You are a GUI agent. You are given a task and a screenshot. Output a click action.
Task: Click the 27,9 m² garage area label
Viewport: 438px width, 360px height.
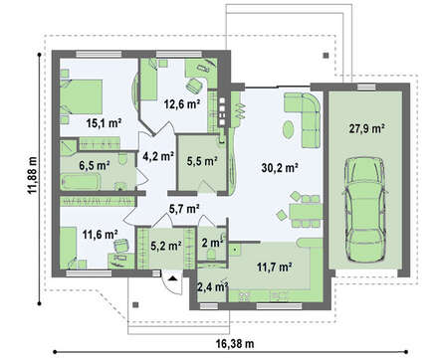(366, 128)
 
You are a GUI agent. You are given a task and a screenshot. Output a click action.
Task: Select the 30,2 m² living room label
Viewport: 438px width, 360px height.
(279, 168)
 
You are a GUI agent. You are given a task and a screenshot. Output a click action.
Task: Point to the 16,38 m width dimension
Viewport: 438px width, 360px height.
(235, 344)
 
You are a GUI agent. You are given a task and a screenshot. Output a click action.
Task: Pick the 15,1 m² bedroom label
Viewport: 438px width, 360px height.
(104, 123)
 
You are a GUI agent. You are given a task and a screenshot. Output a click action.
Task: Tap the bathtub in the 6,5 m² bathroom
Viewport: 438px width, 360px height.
(81, 182)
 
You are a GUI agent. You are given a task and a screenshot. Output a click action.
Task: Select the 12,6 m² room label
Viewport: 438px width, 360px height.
(182, 104)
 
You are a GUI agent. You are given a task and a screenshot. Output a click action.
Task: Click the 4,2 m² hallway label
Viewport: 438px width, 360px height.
(158, 156)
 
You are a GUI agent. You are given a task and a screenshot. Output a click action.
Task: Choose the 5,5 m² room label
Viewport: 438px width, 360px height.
(202, 161)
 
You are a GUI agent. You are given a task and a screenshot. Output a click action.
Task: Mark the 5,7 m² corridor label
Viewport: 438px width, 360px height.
(184, 209)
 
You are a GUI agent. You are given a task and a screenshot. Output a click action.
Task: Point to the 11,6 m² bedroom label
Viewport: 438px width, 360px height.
(100, 235)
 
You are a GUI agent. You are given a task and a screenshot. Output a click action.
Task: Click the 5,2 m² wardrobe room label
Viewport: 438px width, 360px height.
(166, 247)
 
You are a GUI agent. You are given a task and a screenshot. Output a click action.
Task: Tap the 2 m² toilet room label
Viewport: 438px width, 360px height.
(212, 243)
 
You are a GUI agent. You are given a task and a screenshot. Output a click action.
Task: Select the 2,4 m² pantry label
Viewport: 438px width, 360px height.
(212, 287)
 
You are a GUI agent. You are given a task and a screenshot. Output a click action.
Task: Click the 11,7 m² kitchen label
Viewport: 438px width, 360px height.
(275, 267)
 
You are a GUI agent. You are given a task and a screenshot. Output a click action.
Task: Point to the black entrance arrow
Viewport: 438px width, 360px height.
(172, 278)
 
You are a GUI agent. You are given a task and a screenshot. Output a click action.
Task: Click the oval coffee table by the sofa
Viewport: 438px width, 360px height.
(288, 129)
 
